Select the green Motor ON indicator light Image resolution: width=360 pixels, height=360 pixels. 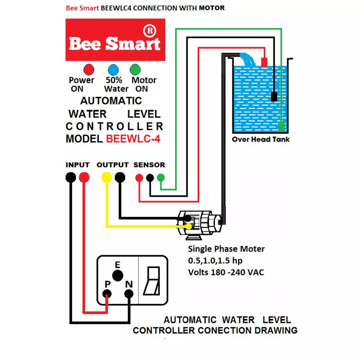(136, 70)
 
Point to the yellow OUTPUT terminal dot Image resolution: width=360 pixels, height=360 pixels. (106, 177)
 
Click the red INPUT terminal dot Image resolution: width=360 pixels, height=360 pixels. (84, 177)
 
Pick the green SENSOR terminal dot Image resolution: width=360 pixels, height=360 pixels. (161, 177)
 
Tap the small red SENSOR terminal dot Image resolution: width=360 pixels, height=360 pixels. (139, 177)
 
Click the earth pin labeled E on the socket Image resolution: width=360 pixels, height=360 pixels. (117, 276)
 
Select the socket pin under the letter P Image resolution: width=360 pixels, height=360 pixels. (107, 294)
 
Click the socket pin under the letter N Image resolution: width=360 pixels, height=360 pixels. (128, 294)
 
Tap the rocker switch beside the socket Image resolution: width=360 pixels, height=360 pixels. (153, 280)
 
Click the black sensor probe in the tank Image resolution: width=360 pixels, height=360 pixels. (274, 97)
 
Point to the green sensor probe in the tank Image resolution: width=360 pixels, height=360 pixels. (282, 126)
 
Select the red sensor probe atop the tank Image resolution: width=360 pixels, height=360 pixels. (264, 62)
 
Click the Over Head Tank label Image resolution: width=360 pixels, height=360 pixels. (261, 140)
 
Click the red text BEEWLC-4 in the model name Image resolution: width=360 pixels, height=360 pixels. (133, 139)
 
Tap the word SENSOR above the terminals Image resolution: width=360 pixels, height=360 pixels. (149, 165)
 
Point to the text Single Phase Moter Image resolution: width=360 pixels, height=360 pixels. (226, 249)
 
